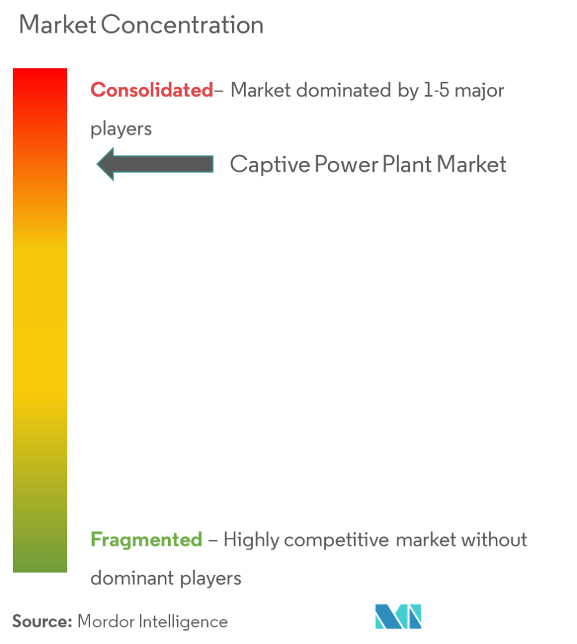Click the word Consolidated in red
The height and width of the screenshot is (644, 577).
pos(151,90)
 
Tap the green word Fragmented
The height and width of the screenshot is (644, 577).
pos(146,540)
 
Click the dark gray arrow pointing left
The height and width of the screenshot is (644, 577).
pos(155,164)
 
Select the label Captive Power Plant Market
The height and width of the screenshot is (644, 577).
pos(368,165)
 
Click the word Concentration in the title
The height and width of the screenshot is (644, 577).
pos(182,24)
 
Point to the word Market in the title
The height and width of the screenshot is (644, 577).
pos(57,24)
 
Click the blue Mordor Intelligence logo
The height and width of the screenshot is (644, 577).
pos(398,616)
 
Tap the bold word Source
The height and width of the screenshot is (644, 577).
pos(42,621)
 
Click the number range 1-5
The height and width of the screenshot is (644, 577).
pos(437,90)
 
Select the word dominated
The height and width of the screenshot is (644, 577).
pos(344,90)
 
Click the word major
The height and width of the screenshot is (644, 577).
pos(480,91)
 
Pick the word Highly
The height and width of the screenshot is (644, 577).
pos(251,540)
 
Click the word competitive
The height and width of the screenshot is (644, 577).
pos(336,540)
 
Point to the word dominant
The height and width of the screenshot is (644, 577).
pos(132,578)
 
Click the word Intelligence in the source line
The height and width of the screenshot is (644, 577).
pos(183,622)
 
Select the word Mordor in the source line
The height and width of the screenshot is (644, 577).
pos(106,621)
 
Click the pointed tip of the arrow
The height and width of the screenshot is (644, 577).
pos(97,164)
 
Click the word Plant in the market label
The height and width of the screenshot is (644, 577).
pos(407,164)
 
